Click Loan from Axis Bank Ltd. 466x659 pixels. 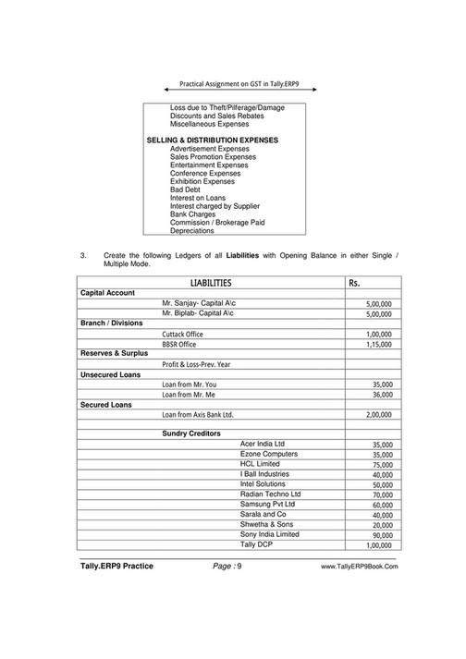(198, 415)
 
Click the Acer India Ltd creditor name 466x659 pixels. (263, 445)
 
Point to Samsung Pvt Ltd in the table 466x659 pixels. (267, 505)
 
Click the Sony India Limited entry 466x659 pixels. (269, 534)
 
